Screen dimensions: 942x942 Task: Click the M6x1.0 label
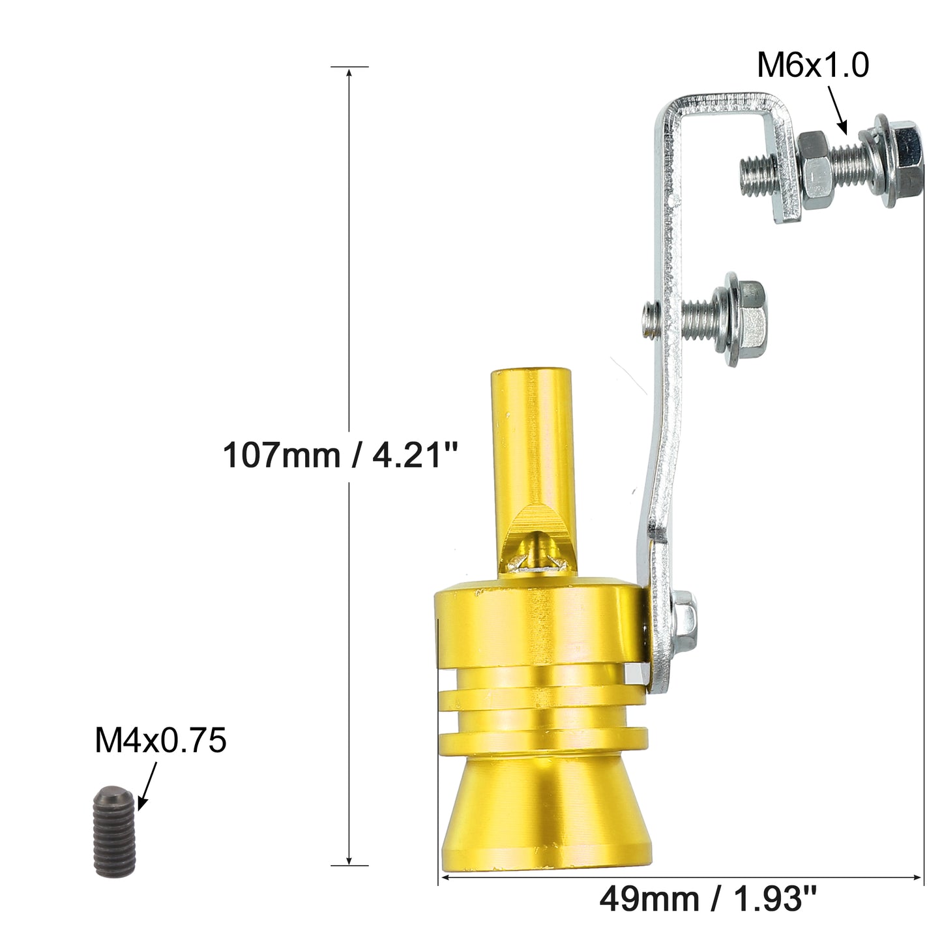pos(812,65)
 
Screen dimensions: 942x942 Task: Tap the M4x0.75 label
pos(160,740)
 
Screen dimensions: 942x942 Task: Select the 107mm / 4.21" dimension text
pos(340,455)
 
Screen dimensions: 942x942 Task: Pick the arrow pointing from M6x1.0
pos(837,110)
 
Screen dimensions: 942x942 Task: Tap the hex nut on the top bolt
pos(814,164)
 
